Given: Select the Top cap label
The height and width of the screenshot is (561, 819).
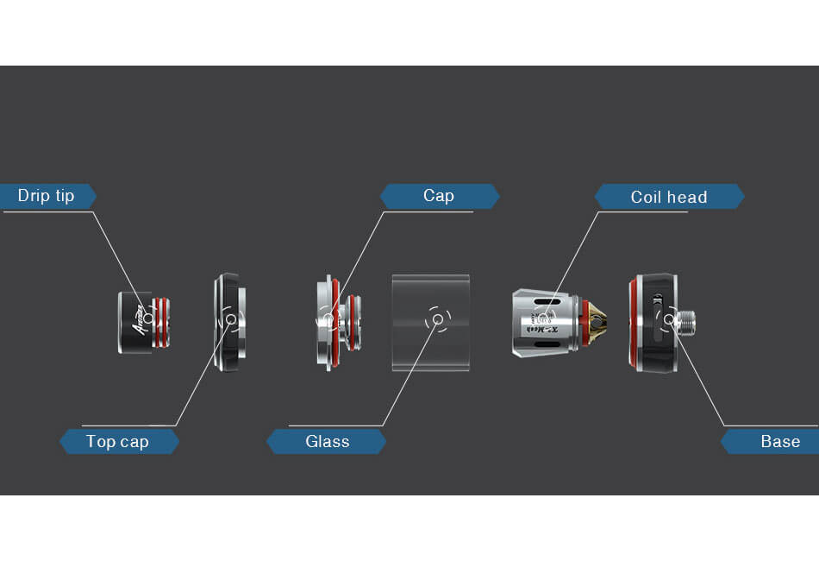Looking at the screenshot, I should click(x=118, y=442).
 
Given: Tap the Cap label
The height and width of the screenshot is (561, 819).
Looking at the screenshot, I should click(x=439, y=196).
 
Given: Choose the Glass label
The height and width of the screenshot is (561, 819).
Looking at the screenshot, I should click(x=327, y=442).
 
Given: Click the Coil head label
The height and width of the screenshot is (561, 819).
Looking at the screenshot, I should click(x=668, y=197).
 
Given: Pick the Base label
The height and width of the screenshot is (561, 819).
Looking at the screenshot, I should click(x=779, y=442).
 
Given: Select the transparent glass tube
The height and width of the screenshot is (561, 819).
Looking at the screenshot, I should click(x=431, y=345).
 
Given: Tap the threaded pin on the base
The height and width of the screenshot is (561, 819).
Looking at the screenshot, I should click(x=688, y=323).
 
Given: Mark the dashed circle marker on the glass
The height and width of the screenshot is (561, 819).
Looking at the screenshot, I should click(x=437, y=319).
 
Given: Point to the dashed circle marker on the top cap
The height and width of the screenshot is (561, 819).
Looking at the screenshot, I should click(x=230, y=319).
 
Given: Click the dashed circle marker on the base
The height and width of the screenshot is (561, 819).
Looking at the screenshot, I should click(x=668, y=319).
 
